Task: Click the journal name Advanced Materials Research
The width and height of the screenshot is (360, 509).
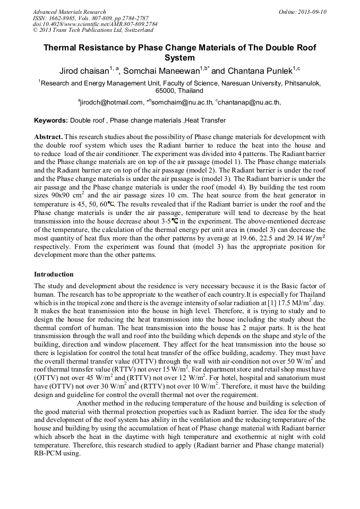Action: point(69,12)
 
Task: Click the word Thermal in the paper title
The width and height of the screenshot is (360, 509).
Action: point(61,48)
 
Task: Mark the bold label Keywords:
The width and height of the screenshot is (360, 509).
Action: point(51,121)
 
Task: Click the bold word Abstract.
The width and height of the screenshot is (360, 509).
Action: point(48,137)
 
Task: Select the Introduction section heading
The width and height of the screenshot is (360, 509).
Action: point(54,274)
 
